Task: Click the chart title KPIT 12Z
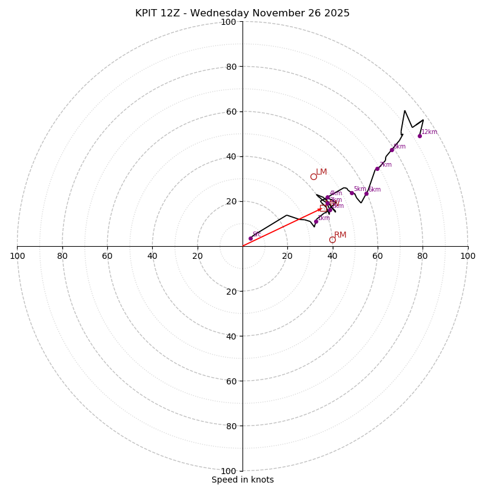tap(242, 13)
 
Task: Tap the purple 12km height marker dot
tap(420, 136)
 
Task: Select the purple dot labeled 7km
tap(377, 169)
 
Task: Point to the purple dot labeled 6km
tap(366, 193)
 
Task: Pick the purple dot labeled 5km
tap(352, 193)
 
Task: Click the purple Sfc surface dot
tap(250, 238)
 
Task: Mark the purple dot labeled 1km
tap(316, 221)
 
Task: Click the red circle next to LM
tap(313, 177)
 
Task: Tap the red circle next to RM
tap(332, 240)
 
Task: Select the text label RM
tap(340, 235)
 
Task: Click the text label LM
tap(321, 172)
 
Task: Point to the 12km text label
tap(429, 132)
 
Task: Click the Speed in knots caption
tap(242, 480)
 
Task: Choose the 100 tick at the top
tap(229, 22)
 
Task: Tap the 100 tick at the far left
tap(17, 256)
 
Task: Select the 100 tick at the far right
tap(467, 256)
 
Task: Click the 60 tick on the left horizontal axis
tap(107, 256)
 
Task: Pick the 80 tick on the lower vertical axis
tap(232, 426)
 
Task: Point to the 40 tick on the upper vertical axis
tap(232, 156)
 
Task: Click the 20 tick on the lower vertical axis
tap(232, 291)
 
